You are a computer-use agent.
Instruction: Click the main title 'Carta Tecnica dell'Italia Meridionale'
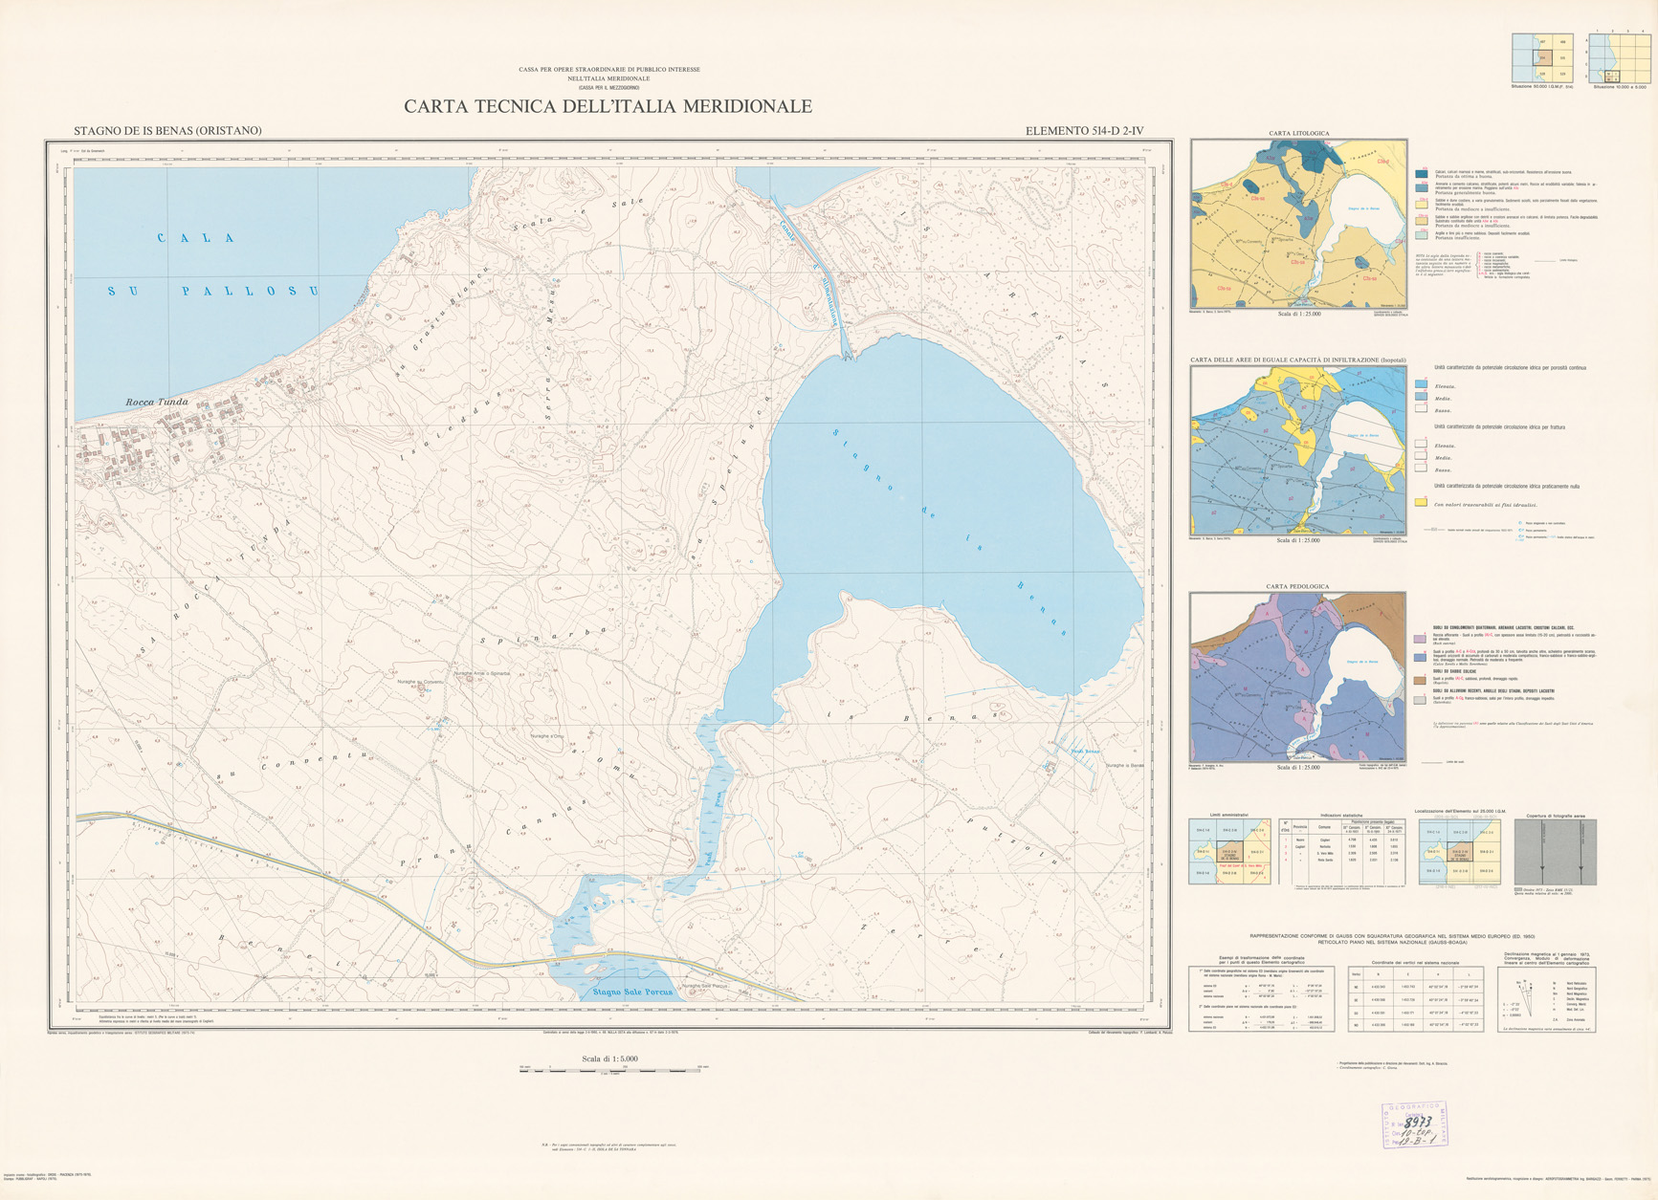click(608, 106)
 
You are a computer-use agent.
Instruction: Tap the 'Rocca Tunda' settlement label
click(157, 403)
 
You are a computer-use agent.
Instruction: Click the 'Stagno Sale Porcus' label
click(631, 992)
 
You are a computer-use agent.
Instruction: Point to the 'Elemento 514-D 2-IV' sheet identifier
click(1084, 131)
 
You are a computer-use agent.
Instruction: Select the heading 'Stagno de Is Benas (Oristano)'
click(167, 131)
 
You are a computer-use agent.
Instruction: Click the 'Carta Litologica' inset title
click(1298, 133)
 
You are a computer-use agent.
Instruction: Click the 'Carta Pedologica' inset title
click(1297, 586)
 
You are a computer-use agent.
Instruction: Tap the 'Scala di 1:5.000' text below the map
click(609, 1058)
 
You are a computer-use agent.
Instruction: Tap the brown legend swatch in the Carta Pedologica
click(1421, 680)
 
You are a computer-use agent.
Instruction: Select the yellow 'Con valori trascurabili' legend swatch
click(1421, 502)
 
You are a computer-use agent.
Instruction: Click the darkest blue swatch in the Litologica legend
click(1421, 173)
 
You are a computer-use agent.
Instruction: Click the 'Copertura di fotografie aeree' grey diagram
click(1553, 851)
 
